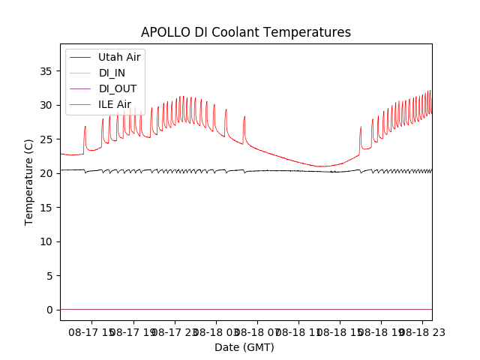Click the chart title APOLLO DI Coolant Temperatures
[246, 32]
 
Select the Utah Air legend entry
[119, 57]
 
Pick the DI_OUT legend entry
[118, 88]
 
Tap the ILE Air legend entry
[115, 104]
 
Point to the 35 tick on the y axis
[46, 71]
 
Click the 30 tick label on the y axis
[46, 105]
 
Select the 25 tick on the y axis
[46, 139]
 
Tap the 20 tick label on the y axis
[46, 173]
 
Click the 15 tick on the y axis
[46, 208]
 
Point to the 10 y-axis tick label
[46, 241]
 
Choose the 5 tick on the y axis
[49, 276]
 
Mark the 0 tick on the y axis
[49, 310]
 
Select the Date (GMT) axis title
[244, 347]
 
